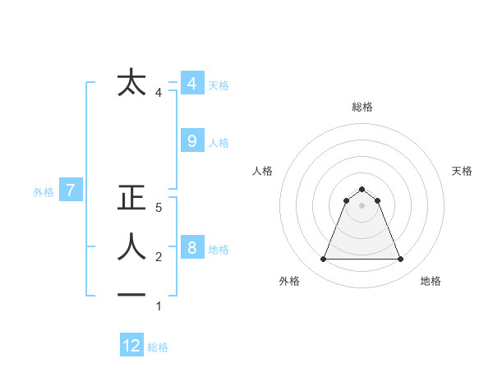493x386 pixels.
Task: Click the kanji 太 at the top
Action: [x=131, y=83]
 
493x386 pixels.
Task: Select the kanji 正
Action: [x=131, y=199]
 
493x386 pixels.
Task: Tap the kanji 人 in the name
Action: [x=131, y=246]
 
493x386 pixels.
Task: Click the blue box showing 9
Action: [x=191, y=141]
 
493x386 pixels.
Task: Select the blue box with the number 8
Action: [x=191, y=248]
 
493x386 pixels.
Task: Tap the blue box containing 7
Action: [x=71, y=191]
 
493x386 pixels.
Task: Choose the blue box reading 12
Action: [x=131, y=346]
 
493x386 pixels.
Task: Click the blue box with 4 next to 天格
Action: [x=191, y=84]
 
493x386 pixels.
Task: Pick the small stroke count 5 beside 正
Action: [x=159, y=209]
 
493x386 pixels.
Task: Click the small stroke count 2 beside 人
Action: [x=159, y=257]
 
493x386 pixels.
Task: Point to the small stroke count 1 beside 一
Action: [x=159, y=306]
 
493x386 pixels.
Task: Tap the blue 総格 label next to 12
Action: [x=158, y=347]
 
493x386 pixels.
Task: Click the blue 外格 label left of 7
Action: [x=44, y=192]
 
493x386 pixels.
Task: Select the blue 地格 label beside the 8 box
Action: [x=219, y=250]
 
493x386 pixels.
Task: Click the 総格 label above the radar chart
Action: [x=362, y=107]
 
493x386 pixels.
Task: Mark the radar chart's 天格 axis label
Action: [x=463, y=171]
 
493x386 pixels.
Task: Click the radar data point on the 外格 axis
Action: [x=323, y=260]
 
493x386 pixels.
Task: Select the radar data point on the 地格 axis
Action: [x=400, y=260]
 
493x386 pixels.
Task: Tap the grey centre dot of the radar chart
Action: [x=362, y=205]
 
